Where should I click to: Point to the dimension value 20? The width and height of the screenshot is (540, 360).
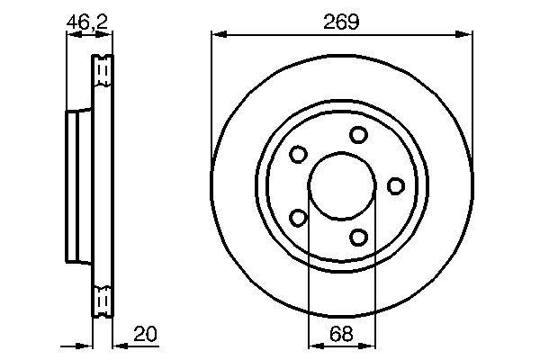point(143,335)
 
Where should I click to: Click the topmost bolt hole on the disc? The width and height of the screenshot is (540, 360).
point(359,135)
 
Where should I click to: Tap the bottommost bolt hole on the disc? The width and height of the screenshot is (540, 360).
point(359,237)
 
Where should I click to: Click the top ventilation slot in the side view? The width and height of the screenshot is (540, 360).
point(103,69)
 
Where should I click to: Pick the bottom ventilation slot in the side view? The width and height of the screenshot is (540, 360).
point(103,299)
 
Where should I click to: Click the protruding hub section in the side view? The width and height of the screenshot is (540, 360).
point(78,185)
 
